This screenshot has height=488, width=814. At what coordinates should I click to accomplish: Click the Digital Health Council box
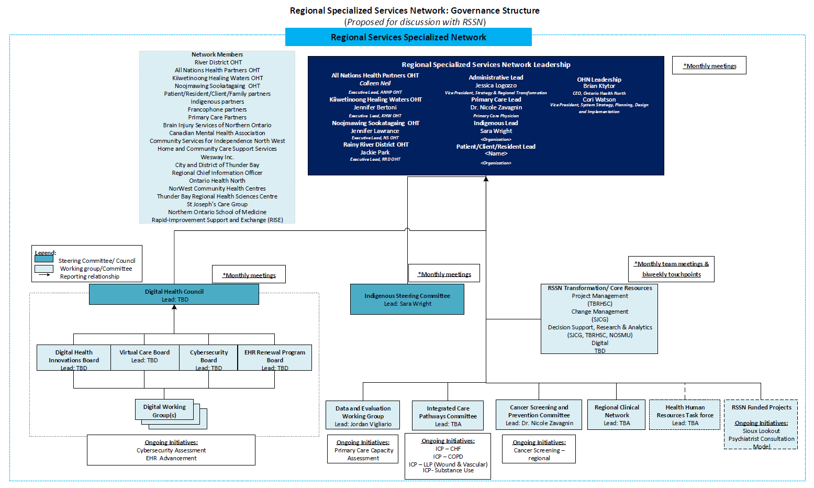174,294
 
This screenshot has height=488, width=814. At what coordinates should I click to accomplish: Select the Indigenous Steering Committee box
407,300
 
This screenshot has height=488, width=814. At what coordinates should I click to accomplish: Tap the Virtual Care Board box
144,357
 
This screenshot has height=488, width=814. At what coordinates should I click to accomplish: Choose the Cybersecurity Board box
208,357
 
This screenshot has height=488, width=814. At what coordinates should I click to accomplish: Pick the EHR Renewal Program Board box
274,357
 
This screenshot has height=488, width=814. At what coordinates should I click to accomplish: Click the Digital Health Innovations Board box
74,357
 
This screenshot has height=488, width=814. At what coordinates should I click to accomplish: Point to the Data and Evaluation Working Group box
363,416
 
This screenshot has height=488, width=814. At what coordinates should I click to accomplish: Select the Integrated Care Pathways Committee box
448,416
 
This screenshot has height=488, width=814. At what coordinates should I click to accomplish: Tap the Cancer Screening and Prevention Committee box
539,415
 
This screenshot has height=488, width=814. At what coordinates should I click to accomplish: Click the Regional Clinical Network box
617,415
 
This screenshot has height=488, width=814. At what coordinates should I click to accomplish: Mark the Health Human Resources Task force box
685,415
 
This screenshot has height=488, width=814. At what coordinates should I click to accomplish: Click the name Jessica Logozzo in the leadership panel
496,85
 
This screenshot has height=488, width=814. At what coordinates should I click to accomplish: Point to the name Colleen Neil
375,83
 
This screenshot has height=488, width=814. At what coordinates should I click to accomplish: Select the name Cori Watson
599,99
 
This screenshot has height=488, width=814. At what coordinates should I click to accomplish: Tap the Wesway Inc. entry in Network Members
217,157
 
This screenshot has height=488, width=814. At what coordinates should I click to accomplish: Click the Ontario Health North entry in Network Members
217,181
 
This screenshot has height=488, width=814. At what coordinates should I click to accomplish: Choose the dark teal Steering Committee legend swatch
44,259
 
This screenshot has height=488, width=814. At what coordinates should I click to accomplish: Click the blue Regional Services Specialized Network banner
408,37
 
